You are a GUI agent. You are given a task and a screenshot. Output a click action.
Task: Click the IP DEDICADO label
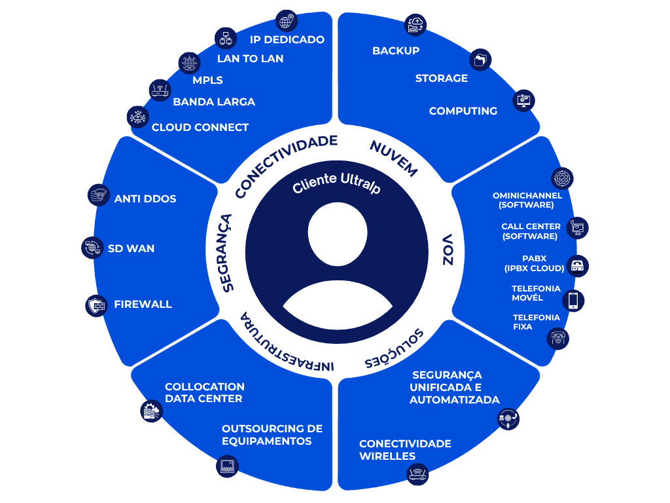click(287, 39)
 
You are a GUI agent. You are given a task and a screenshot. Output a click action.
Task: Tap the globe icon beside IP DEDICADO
click(286, 21)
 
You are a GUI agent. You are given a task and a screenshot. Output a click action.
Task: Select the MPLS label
click(207, 81)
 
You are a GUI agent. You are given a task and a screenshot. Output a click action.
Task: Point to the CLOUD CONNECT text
click(200, 127)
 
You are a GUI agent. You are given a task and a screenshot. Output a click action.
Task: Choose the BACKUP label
click(396, 50)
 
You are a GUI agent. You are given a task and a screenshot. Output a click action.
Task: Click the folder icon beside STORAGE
click(481, 60)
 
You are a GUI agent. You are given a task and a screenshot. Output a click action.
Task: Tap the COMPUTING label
click(463, 111)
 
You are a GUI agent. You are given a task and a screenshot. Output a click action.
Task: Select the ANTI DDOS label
click(145, 198)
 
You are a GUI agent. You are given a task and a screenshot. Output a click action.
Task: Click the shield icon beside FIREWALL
click(96, 305)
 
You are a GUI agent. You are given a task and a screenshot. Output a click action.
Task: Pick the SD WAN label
click(132, 249)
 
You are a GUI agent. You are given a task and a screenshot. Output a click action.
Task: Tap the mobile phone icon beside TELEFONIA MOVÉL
click(573, 300)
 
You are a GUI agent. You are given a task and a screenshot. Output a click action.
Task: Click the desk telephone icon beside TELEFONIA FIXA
click(558, 338)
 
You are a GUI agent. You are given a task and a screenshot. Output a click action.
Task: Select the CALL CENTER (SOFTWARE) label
click(530, 231)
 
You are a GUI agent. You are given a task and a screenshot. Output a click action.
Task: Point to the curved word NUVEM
click(393, 158)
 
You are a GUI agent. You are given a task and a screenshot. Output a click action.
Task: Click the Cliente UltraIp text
click(336, 183)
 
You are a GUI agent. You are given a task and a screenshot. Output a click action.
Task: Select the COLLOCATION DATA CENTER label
click(204, 392)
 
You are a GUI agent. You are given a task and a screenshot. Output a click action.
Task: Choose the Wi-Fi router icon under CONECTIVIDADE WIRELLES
click(417, 474)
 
